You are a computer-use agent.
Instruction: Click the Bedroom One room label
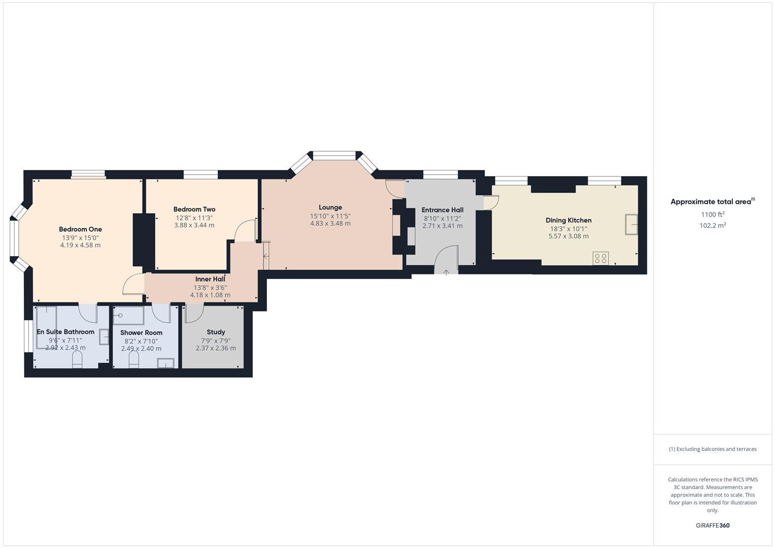click(80, 229)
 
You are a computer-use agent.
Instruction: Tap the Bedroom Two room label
click(194, 209)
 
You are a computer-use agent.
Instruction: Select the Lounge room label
click(330, 207)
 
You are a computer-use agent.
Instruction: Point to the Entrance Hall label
click(443, 210)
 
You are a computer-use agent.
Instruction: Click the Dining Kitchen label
click(568, 220)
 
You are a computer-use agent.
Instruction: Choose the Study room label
click(216, 332)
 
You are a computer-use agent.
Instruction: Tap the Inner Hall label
click(210, 279)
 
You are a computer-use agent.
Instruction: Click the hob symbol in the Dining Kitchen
click(600, 258)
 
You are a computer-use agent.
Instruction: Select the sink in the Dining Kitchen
click(631, 224)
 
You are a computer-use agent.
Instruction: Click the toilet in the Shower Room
click(134, 359)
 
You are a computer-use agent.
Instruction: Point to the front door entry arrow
click(446, 272)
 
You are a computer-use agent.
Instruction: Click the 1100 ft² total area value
click(713, 215)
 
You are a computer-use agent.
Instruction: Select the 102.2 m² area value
click(713, 226)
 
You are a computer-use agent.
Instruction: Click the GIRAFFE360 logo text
click(713, 525)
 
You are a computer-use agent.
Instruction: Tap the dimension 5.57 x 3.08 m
click(568, 236)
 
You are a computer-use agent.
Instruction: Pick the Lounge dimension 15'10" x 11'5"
click(330, 216)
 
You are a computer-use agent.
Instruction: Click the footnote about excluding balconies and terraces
click(713, 449)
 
